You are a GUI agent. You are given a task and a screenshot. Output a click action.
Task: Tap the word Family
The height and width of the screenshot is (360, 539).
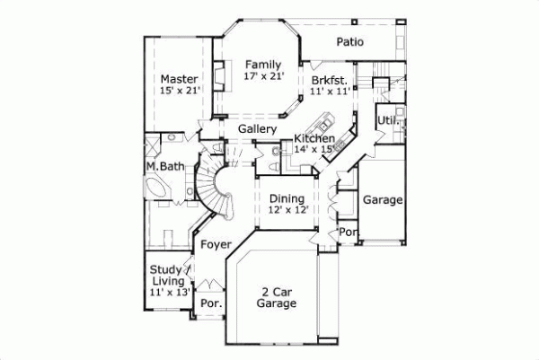click(263, 65)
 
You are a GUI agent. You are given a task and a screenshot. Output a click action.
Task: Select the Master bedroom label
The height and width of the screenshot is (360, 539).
click(179, 79)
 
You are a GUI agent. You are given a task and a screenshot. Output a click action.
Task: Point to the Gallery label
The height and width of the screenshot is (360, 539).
click(256, 129)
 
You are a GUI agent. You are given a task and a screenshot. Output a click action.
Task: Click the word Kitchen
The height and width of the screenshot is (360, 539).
click(314, 139)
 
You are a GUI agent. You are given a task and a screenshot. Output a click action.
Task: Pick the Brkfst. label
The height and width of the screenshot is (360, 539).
click(328, 80)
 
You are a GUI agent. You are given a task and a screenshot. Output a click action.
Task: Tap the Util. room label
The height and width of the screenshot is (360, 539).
click(388, 119)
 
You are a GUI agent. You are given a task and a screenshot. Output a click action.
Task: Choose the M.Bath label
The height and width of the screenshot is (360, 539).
click(165, 167)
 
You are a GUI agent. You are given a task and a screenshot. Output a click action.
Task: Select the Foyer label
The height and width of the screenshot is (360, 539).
click(216, 243)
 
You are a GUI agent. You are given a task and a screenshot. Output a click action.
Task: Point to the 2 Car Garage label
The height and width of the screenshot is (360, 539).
click(277, 298)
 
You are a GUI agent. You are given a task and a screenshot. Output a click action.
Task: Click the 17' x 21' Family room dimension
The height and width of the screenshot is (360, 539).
click(263, 77)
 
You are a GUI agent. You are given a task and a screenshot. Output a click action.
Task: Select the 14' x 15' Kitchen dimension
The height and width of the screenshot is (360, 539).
click(315, 150)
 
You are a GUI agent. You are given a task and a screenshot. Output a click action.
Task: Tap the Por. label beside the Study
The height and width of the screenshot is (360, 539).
click(209, 303)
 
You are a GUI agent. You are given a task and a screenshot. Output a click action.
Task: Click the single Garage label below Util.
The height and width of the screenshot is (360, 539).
click(382, 199)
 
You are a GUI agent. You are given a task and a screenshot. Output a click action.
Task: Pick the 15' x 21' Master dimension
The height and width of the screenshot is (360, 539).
click(179, 91)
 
